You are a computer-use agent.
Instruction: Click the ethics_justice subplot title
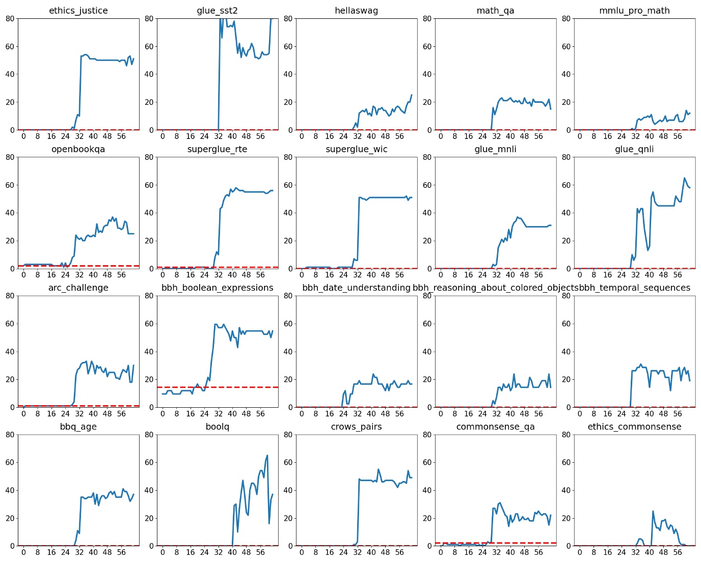78,11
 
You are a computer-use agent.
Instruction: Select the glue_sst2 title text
217,11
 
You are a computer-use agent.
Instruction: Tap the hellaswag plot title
356,11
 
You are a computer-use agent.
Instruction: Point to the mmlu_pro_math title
634,11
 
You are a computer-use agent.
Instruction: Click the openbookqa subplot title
78,149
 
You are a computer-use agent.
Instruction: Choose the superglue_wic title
356,149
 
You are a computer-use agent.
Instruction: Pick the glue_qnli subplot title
634,149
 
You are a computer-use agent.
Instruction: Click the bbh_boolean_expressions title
217,288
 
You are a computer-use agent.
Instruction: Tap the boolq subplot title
217,427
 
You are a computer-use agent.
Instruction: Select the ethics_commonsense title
634,427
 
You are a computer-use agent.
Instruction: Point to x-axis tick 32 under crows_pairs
357,552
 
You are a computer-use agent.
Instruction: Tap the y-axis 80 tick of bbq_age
10,435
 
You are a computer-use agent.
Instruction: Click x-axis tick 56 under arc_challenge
121,414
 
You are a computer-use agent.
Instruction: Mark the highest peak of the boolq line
267,456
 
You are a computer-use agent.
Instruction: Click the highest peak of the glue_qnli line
684,178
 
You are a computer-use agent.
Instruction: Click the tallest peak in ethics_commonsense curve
653,511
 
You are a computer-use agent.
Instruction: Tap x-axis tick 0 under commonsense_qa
441,552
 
